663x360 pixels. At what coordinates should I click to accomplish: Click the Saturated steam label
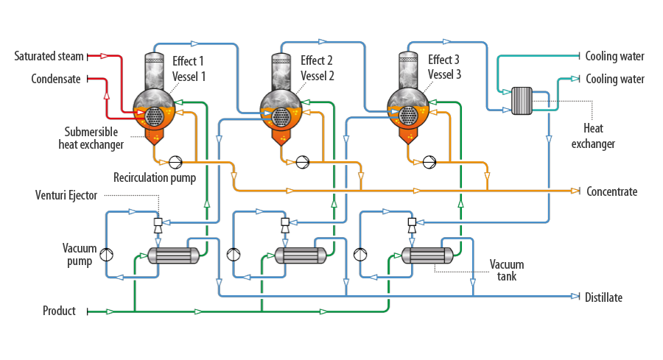pyautogui.click(x=49, y=56)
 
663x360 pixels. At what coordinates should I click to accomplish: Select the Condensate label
pyautogui.click(x=56, y=79)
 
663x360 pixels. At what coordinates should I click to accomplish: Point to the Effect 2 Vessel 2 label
pyautogui.click(x=317, y=68)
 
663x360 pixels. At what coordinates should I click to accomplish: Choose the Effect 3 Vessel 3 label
pyautogui.click(x=444, y=67)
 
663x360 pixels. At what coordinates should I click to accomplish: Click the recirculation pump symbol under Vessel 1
pyautogui.click(x=175, y=162)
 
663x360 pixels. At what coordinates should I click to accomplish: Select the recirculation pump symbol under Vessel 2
pyautogui.click(x=302, y=162)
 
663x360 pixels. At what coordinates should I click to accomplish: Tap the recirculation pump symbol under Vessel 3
pyautogui.click(x=429, y=162)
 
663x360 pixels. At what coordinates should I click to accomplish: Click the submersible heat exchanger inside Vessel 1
pyautogui.click(x=154, y=116)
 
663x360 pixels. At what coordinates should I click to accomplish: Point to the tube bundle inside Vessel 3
pyautogui.click(x=408, y=116)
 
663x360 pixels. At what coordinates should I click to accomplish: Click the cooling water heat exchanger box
pyautogui.click(x=522, y=101)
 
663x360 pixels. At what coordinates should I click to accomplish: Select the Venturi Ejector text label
pyautogui.click(x=66, y=195)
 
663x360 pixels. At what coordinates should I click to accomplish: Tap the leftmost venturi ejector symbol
pyautogui.click(x=158, y=225)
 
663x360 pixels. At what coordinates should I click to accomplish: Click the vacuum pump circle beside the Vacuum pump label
pyautogui.click(x=107, y=255)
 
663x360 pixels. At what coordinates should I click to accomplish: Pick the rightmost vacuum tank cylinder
pyautogui.click(x=427, y=255)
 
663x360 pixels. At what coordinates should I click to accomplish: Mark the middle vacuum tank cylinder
pyautogui.click(x=301, y=255)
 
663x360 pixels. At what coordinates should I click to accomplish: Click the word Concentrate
pyautogui.click(x=612, y=191)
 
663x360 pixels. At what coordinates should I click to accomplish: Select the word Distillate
pyautogui.click(x=603, y=297)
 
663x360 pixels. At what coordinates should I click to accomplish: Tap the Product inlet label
pyautogui.click(x=59, y=311)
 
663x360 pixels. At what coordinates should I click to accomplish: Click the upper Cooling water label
pyautogui.click(x=615, y=56)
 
